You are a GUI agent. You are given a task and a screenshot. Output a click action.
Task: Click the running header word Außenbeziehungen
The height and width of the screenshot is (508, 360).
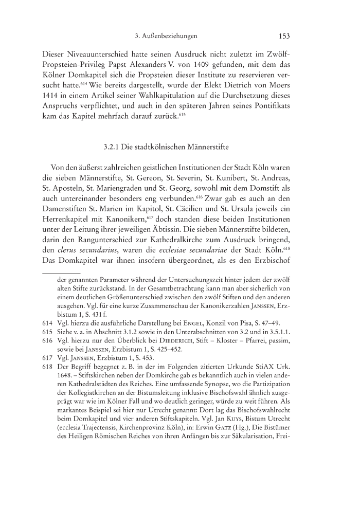172,36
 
